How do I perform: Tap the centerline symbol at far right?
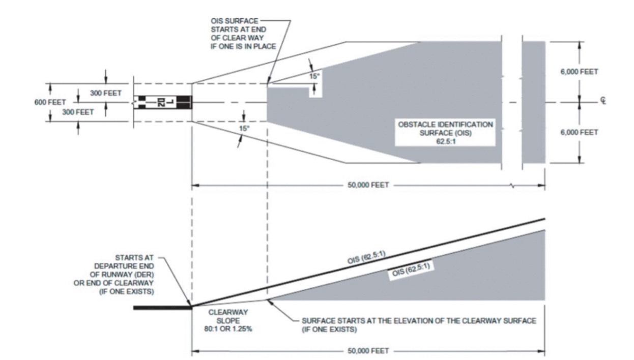[602, 102]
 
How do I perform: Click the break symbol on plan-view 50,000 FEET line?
[512, 186]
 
